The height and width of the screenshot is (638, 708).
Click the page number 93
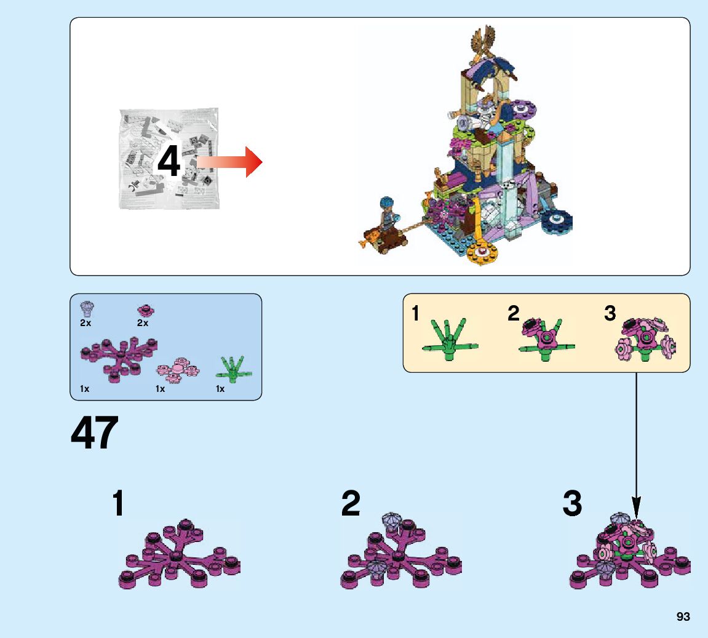[683, 617]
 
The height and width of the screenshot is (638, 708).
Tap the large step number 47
[94, 434]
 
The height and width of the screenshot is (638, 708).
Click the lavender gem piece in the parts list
[87, 308]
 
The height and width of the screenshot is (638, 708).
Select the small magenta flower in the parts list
[145, 309]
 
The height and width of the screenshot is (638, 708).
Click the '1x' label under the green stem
[220, 389]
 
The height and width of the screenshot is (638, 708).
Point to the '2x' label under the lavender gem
[86, 322]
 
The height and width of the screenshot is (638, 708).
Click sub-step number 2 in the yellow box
[514, 314]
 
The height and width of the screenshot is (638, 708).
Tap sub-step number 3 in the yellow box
[610, 314]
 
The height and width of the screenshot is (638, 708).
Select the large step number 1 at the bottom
[119, 504]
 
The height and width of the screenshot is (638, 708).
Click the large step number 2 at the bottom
[351, 504]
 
